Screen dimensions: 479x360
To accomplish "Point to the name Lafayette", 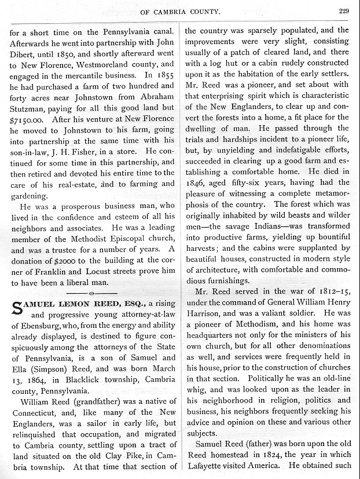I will tap(205, 466).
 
